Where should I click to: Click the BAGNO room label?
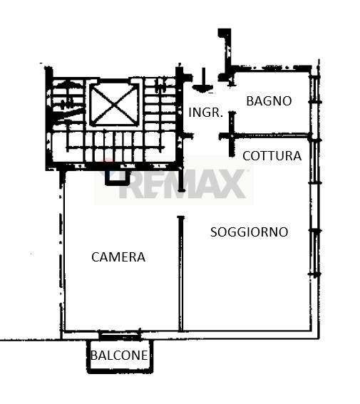pyautogui.click(x=269, y=100)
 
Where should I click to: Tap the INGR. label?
pyautogui.click(x=205, y=113)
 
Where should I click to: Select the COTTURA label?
pyautogui.click(x=272, y=156)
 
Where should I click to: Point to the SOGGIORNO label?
pyautogui.click(x=250, y=232)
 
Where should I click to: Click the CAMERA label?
pyautogui.click(x=118, y=257)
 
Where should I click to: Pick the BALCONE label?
pyautogui.click(x=119, y=356)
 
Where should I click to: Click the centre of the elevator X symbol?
pyautogui.click(x=114, y=104)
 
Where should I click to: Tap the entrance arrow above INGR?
pyautogui.click(x=204, y=81)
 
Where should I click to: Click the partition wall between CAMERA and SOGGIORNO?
pyautogui.click(x=181, y=274)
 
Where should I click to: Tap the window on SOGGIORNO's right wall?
pyautogui.click(x=315, y=252)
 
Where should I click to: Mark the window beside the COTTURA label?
pyautogui.click(x=315, y=162)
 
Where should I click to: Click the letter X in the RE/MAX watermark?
pyautogui.click(x=232, y=184)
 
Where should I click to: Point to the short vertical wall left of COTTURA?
pyautogui.click(x=232, y=134)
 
